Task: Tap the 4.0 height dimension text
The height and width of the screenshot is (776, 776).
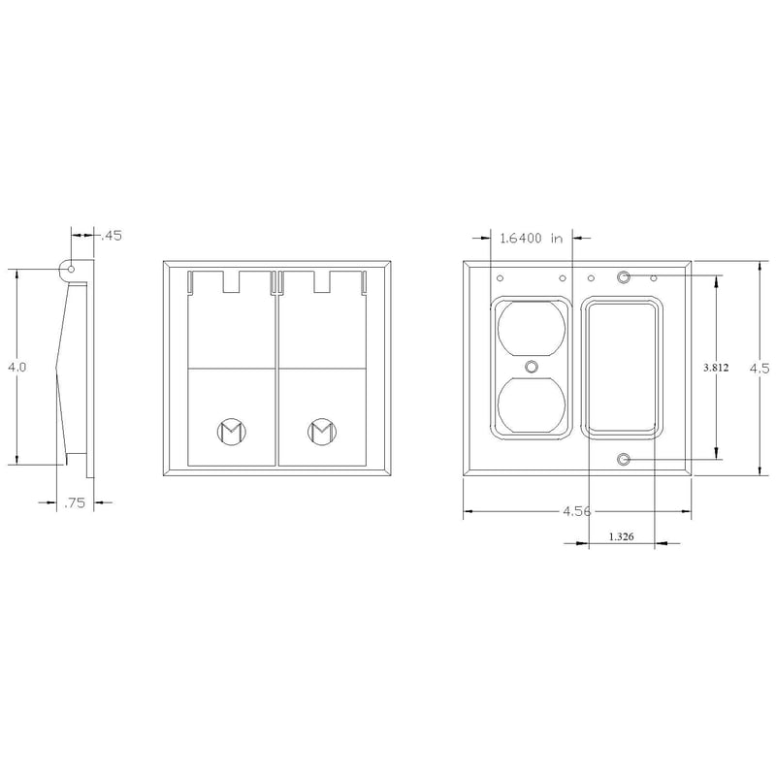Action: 16,368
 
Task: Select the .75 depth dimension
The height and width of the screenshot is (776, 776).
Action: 74,503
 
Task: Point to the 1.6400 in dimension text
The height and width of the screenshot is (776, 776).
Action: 532,237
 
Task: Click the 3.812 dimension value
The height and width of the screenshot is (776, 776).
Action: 717,368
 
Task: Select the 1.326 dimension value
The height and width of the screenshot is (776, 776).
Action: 622,535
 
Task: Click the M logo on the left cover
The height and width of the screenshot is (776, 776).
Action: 230,430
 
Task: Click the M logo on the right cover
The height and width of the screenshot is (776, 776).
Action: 321,430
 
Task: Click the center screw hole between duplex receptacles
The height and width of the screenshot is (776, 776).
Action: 531,368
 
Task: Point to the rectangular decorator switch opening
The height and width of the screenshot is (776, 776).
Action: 624,368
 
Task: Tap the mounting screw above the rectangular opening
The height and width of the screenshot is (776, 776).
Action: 624,278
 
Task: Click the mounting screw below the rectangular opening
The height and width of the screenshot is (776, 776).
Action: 624,458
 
